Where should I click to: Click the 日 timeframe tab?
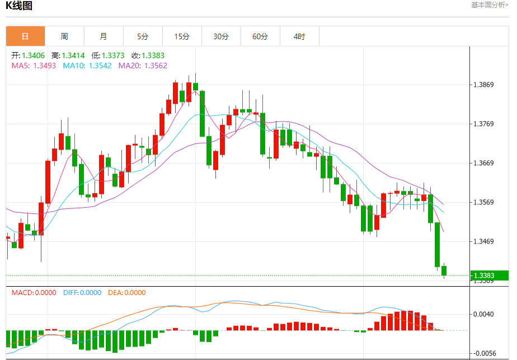(x=25, y=37)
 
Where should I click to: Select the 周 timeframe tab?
(x=64, y=37)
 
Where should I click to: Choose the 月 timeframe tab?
(x=104, y=37)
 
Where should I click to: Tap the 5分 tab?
(x=143, y=37)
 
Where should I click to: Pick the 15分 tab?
(x=182, y=37)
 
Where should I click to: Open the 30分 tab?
(x=221, y=37)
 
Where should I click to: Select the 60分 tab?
(x=260, y=37)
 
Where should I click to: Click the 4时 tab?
(x=299, y=37)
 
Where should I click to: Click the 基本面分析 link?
(x=490, y=5)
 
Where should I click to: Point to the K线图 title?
(x=19, y=6)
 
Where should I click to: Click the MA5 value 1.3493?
(x=45, y=66)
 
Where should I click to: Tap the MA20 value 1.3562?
(x=155, y=66)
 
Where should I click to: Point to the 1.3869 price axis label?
(x=483, y=85)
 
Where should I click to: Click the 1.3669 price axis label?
(x=483, y=163)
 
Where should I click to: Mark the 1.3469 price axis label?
(x=483, y=242)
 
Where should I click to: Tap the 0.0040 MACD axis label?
(x=483, y=314)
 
